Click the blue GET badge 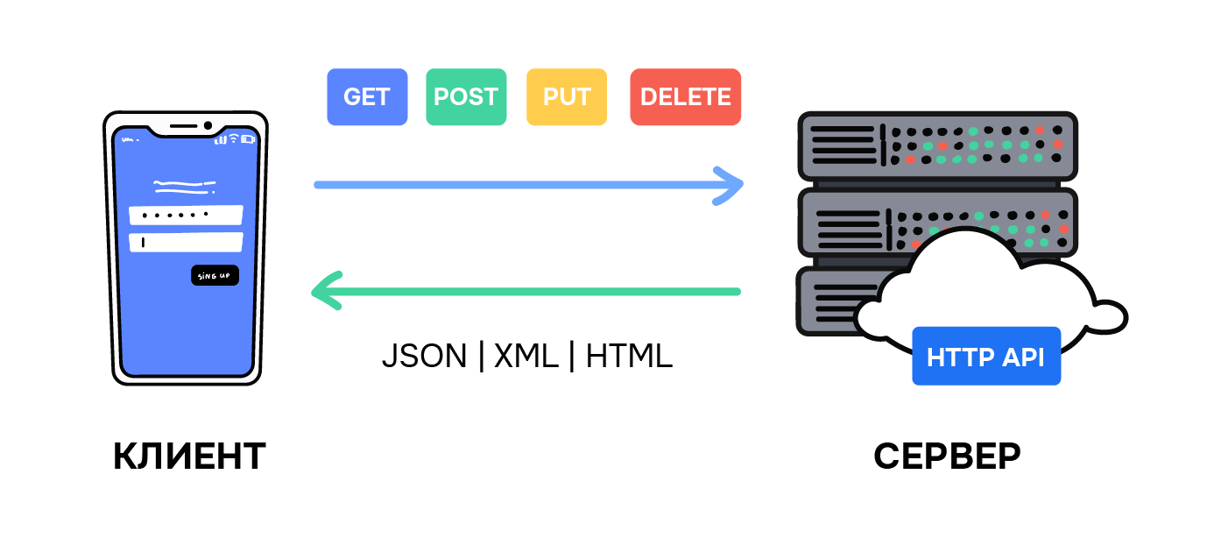pos(367,97)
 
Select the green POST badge pos(466,97)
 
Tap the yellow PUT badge pos(567,97)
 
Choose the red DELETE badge pos(685,97)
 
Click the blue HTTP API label pos(985,357)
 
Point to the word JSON pos(424,356)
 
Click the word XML pos(526,356)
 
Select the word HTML pos(629,356)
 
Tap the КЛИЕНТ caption pos(189,456)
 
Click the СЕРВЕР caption pos(947,456)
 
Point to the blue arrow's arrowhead pos(731,185)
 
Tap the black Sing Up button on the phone pos(215,276)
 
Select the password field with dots pos(185,215)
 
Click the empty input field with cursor pos(185,242)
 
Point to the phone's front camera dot pos(208,126)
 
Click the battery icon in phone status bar pos(248,138)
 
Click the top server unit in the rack pos(936,146)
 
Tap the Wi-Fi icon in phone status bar pos(234,138)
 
